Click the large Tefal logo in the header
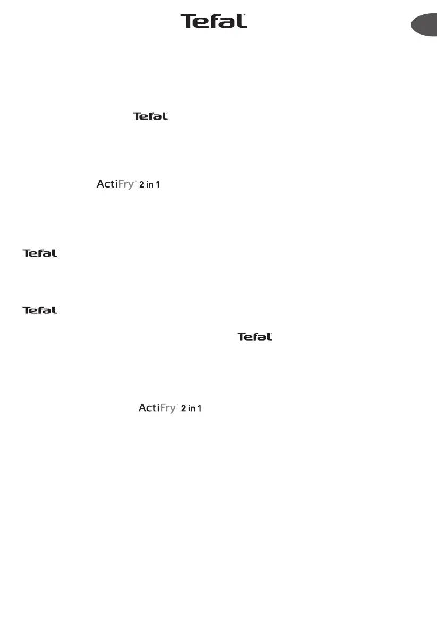point(213,21)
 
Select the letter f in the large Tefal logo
point(216,21)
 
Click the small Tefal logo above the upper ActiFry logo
point(150,116)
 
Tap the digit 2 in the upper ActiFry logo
point(141,185)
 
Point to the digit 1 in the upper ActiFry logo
point(158,185)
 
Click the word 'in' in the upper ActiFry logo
point(149,185)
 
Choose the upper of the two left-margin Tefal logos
point(40,253)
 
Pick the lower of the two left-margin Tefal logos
point(40,310)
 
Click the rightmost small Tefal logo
point(255,337)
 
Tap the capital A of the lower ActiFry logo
point(142,408)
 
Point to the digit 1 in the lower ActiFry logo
point(200,409)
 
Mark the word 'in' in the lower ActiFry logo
point(192,409)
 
